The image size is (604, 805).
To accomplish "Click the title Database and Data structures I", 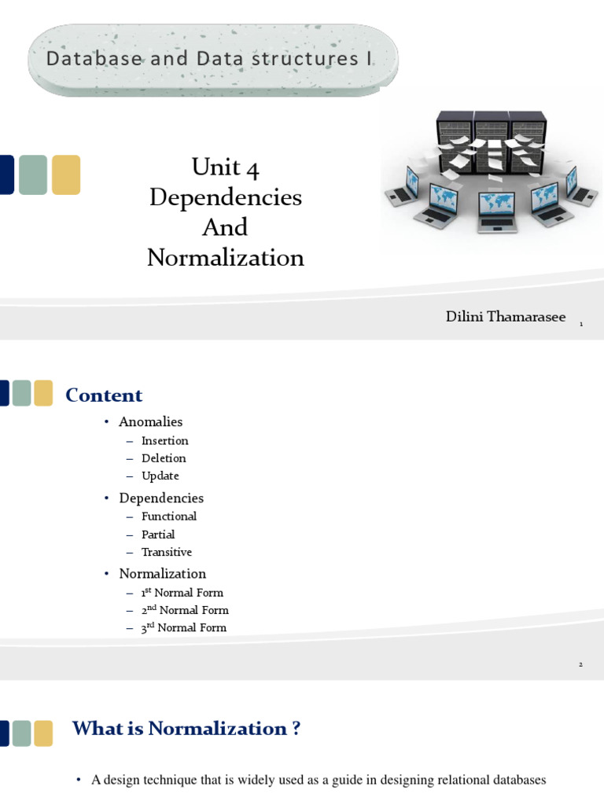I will pos(210,59).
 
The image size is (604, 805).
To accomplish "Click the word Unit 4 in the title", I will pos(225,167).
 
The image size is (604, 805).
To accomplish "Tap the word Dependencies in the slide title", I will pos(225,197).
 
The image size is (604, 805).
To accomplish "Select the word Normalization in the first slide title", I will pos(225,257).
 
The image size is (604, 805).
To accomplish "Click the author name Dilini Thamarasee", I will pos(505,316).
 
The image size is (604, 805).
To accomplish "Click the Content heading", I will pos(104,395).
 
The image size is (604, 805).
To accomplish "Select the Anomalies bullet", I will pos(151,422).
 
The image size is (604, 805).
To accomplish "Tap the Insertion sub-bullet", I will pos(165,440).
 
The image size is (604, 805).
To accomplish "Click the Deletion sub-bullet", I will pos(164,458).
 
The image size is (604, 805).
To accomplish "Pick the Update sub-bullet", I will pos(160,476).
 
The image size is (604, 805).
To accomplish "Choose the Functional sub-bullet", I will pos(169,516).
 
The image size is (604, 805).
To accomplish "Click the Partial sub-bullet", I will pos(158,535).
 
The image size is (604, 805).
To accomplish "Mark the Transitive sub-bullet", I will pos(167,552).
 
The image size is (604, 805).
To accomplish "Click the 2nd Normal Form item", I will pos(185,610).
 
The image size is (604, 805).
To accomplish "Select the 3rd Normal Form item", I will pos(184,627).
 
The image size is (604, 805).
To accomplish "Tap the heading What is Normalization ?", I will pos(186,729).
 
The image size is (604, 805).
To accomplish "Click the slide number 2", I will pos(580,665).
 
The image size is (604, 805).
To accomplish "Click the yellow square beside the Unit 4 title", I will pos(66,175).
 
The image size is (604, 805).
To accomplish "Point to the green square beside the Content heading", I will pos(22,393).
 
